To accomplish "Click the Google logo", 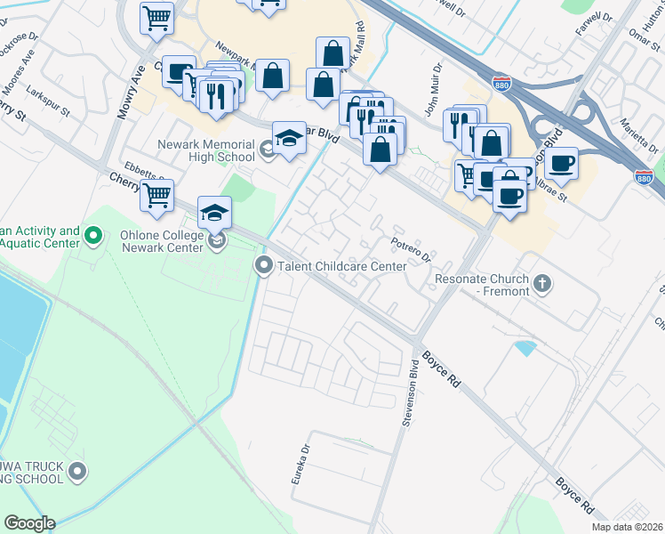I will tap(29, 522).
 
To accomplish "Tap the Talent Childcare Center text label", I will tap(342, 266).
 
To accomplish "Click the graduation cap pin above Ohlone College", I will tap(214, 213).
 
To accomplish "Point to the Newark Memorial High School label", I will tap(206, 150).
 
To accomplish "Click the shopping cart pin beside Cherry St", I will tap(156, 195).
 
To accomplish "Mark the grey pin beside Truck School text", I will tap(78, 471).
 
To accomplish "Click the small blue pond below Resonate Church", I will tap(525, 348).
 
